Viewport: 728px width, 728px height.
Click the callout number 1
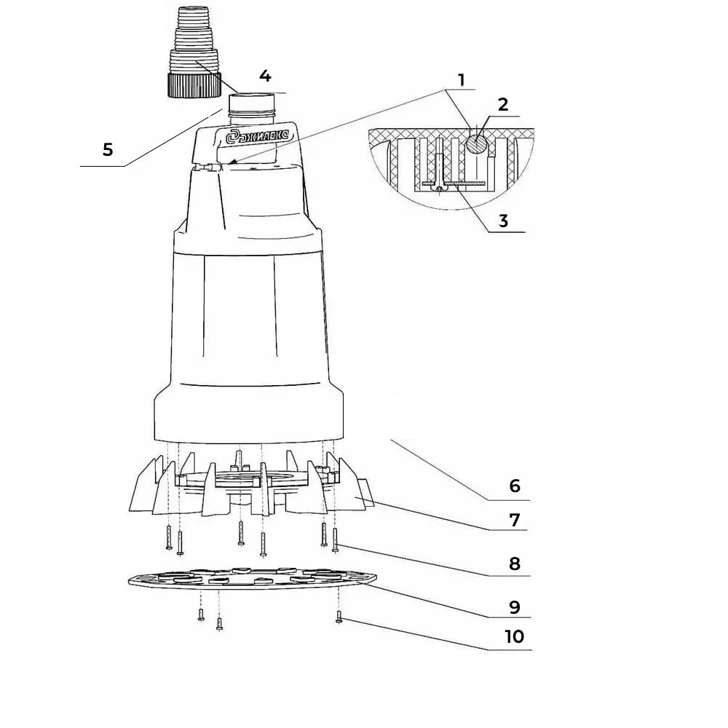[x=461, y=80]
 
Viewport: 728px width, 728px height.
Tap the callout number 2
[x=503, y=104]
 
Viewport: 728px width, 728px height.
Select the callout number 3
[x=503, y=221]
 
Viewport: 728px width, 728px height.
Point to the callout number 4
[x=265, y=76]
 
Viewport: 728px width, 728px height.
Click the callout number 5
[x=108, y=149]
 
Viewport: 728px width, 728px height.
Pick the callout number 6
[x=515, y=486]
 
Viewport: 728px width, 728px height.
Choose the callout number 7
[x=515, y=520]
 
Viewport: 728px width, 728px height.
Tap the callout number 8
[x=515, y=563]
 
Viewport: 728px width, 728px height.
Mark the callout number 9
[x=515, y=607]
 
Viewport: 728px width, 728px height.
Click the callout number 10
[x=515, y=636]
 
